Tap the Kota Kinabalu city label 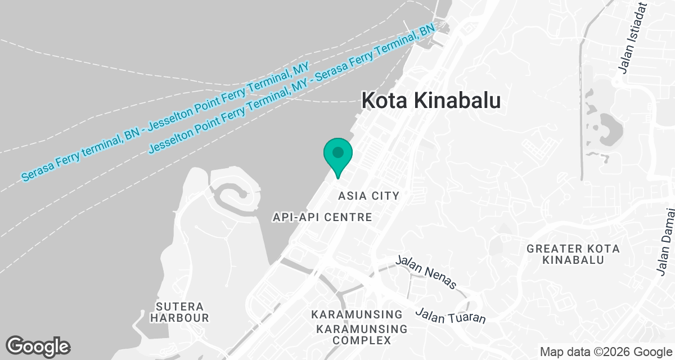(430, 101)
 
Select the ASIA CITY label (368, 196)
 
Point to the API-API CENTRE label (322, 217)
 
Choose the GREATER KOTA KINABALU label (573, 254)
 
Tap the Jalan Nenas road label (426, 272)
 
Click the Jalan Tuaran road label (450, 316)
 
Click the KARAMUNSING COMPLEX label (361, 334)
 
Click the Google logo (38, 346)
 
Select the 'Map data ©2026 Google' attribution (605, 352)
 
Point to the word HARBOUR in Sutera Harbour (182, 318)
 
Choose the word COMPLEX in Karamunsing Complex (361, 340)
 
